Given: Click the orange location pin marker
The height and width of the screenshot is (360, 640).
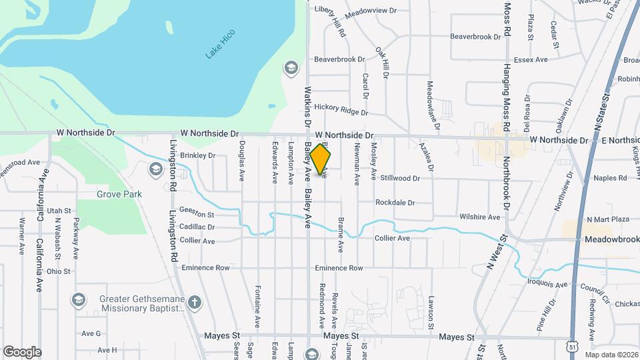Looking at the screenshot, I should tap(321, 159).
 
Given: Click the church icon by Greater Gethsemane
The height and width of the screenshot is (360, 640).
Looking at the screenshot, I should tap(195, 303).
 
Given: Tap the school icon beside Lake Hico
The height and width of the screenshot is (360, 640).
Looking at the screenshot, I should tap(291, 67).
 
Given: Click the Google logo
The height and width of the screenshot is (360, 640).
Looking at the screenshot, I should tap(22, 352).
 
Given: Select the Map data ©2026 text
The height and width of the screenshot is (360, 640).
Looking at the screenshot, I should tap(611, 355).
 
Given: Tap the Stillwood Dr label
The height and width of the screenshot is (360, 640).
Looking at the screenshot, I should tap(400, 179).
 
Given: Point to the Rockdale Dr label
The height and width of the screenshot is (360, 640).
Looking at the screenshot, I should tap(395, 203).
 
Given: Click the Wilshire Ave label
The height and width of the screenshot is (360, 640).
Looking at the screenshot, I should tap(480, 217).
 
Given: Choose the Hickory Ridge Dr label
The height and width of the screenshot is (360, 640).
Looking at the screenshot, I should tap(341, 107).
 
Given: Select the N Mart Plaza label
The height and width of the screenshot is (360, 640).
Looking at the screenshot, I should tap(608, 219).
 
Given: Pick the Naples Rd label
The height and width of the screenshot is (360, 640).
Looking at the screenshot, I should tap(611, 178).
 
